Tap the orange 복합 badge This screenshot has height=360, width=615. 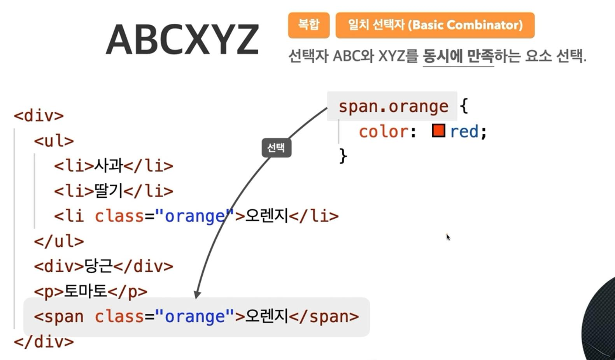click(x=308, y=25)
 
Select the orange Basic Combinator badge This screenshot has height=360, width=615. click(x=435, y=25)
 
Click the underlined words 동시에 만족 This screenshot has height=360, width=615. click(x=458, y=56)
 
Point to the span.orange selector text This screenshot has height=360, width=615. click(x=393, y=106)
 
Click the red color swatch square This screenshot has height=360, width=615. click(x=438, y=131)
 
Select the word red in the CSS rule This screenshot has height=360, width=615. click(x=464, y=132)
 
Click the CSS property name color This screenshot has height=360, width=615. click(x=383, y=132)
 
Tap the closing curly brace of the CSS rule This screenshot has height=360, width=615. click(x=343, y=156)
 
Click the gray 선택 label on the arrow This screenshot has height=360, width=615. click(x=276, y=148)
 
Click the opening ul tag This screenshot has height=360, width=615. click(x=54, y=141)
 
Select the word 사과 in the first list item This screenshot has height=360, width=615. click(x=109, y=166)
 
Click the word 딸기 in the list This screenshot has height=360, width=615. click(x=109, y=191)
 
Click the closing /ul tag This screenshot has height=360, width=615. click(x=59, y=241)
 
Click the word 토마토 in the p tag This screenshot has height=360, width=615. click(x=85, y=291)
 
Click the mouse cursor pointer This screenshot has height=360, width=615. click(x=448, y=237)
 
